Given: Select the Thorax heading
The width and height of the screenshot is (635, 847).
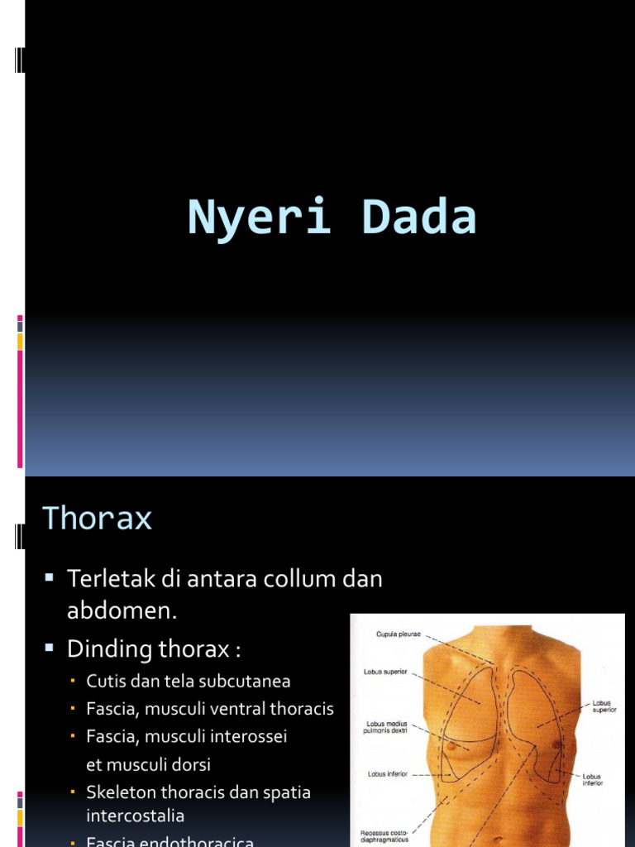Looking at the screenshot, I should pos(97,519).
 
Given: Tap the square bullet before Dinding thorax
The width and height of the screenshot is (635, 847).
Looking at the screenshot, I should pos(50,647).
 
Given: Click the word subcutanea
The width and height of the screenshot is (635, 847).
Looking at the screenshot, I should pos(246,682).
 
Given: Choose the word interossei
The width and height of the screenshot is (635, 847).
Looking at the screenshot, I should pos(246,736).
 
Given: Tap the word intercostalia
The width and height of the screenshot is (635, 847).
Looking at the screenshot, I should pos(135,816).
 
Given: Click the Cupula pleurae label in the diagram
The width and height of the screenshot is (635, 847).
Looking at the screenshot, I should pos(399,635).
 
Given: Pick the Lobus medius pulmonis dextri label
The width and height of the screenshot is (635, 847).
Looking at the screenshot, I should pos(385,727).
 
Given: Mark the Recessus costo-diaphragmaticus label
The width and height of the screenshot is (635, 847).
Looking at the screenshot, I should pos(384,836).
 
